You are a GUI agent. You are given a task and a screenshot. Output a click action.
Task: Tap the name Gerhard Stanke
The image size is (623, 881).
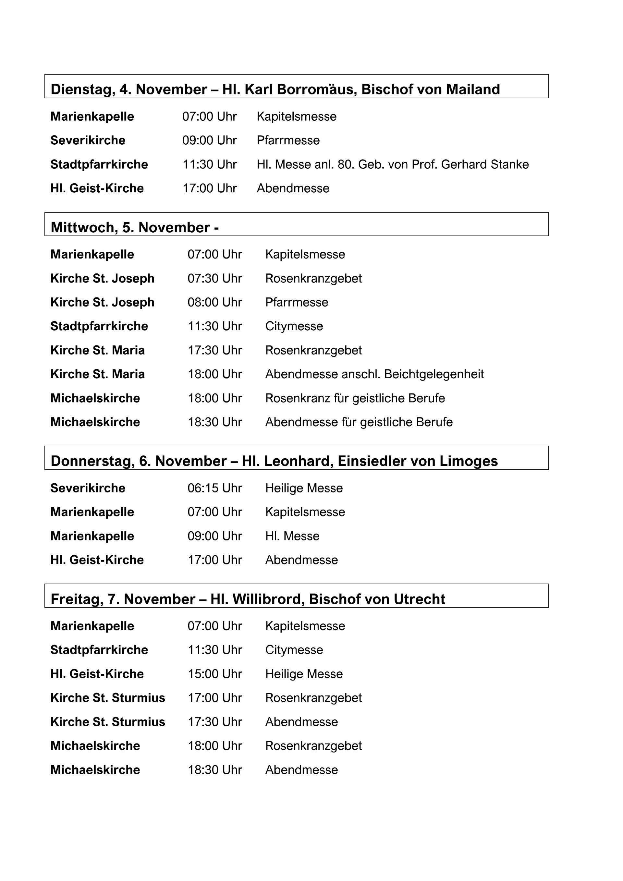coord(485,164)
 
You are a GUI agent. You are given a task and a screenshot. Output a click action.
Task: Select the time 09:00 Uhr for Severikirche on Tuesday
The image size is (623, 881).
coord(209,140)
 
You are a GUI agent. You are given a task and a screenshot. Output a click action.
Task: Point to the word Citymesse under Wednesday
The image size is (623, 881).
coord(294,326)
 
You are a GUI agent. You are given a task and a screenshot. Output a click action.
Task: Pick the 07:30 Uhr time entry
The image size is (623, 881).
coord(214,279)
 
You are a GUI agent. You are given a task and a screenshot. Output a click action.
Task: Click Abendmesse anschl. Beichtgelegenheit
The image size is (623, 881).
coord(374,374)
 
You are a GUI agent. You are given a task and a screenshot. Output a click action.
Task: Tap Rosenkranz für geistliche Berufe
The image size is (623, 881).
coord(355,398)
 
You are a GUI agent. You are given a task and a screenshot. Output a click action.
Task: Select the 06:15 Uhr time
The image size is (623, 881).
coord(214,488)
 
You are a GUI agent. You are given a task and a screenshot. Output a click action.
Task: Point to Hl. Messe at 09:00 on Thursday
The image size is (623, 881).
coord(292,536)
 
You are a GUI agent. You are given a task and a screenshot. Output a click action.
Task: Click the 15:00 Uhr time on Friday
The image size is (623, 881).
coord(214,674)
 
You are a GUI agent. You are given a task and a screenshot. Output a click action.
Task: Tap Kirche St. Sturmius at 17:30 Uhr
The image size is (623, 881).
coord(107,722)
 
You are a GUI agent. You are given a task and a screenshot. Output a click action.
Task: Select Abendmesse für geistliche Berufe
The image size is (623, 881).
coord(359,422)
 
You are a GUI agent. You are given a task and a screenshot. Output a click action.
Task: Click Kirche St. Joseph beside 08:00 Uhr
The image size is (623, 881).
coord(102,302)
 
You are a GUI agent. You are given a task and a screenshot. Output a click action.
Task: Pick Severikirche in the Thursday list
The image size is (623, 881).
coord(88,488)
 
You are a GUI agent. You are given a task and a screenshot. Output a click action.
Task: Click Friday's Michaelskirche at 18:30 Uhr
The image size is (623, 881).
coord(95,770)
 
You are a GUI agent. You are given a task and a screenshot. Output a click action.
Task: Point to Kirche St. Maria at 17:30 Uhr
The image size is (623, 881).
coord(97,350)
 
